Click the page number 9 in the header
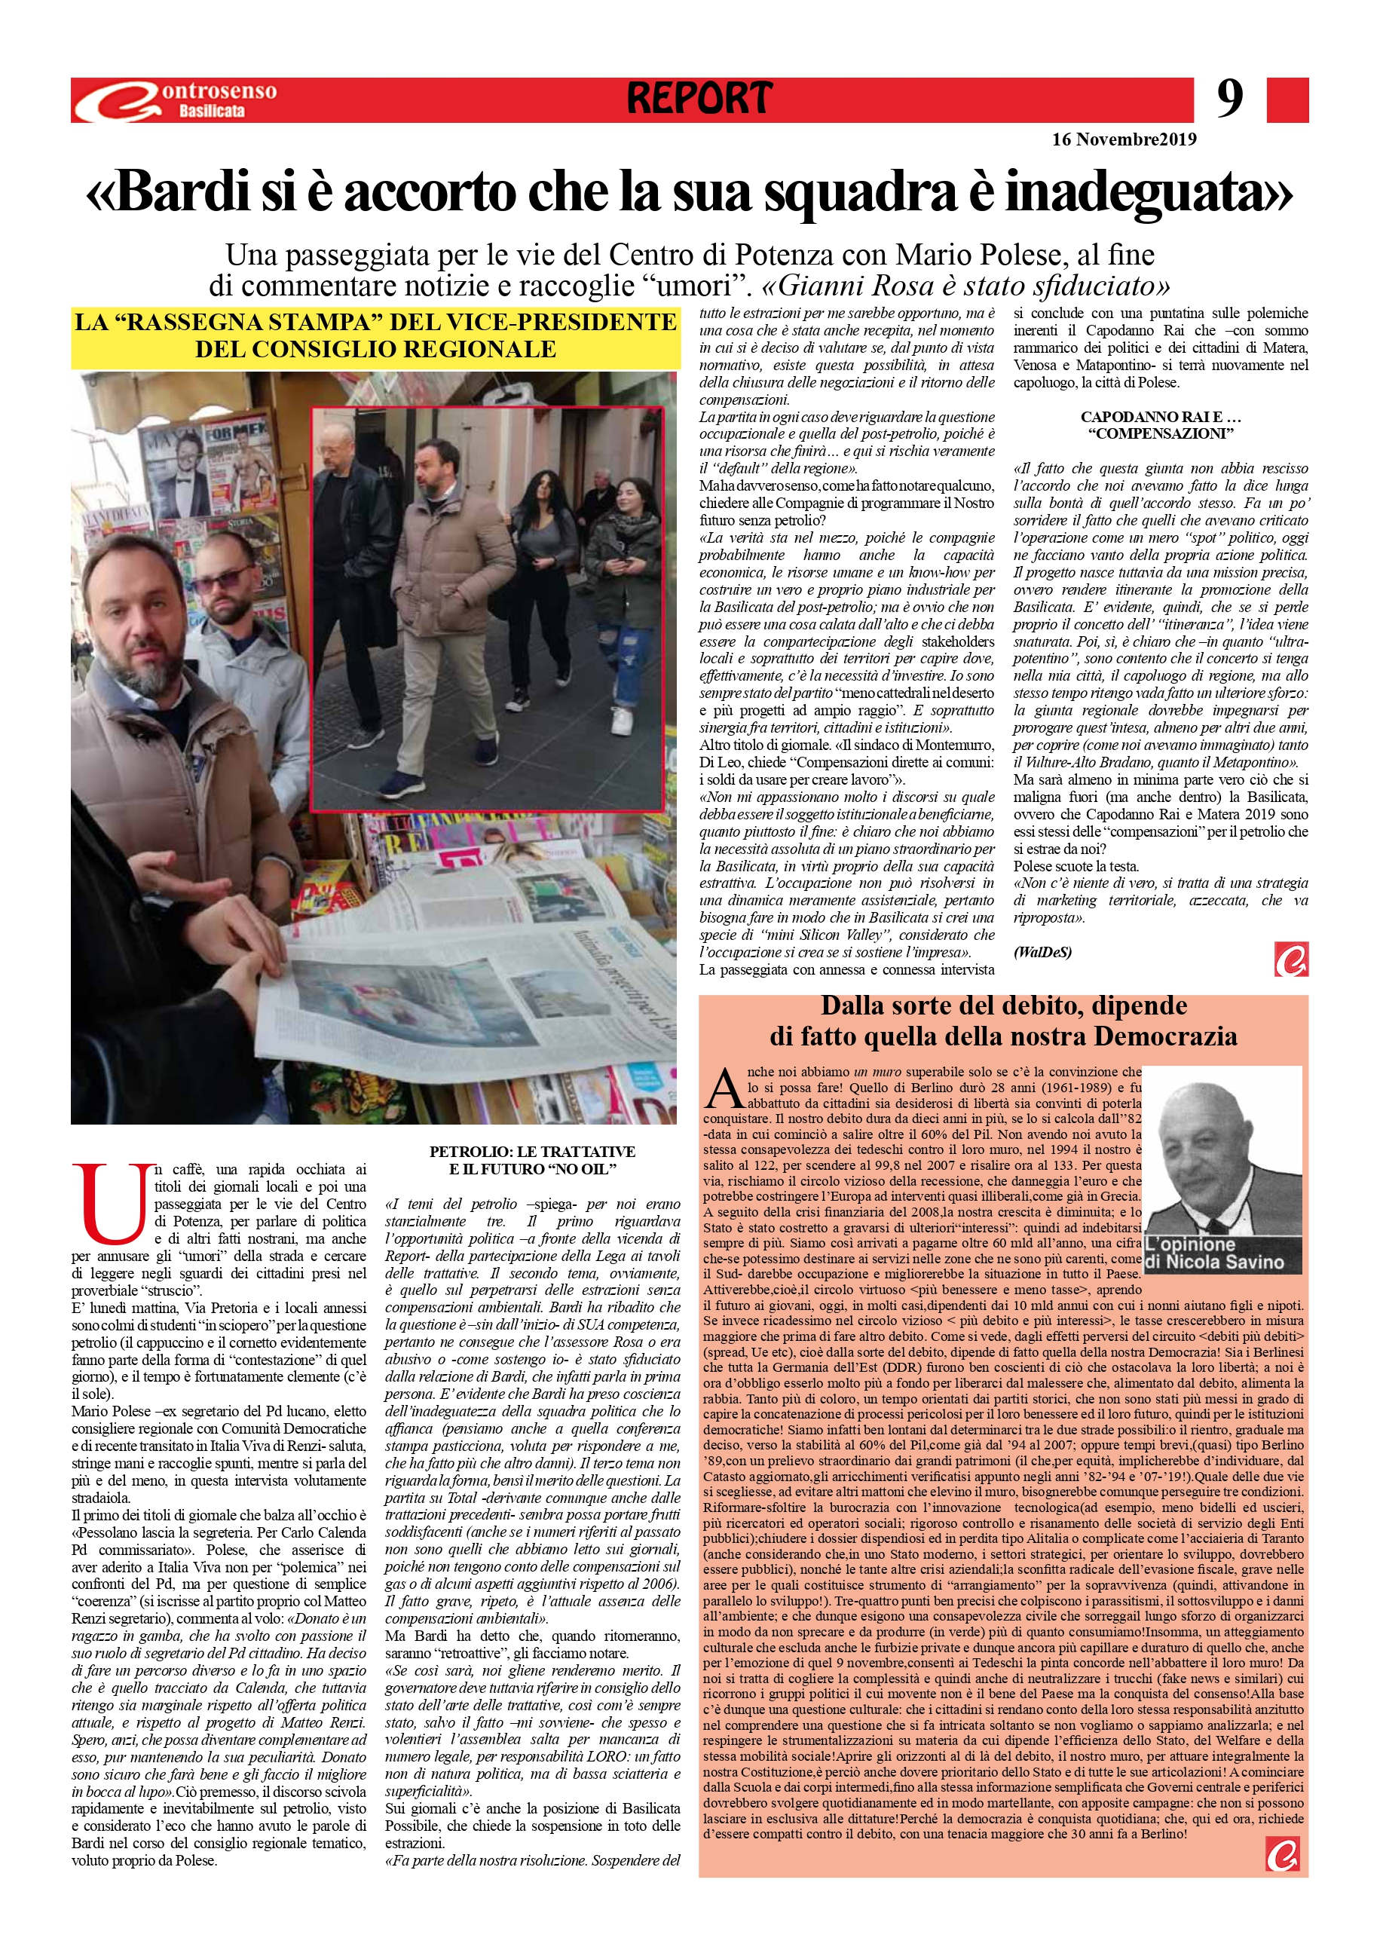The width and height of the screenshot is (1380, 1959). point(1229,99)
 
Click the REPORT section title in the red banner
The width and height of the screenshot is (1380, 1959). point(699,99)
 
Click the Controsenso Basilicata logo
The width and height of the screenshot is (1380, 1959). point(175,99)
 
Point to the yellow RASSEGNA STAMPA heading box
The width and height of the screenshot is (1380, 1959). point(375,336)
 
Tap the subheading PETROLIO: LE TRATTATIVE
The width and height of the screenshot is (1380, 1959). point(533,1151)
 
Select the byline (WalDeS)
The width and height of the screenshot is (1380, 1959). point(1042,953)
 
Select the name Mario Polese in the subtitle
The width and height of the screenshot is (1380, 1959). point(946,255)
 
